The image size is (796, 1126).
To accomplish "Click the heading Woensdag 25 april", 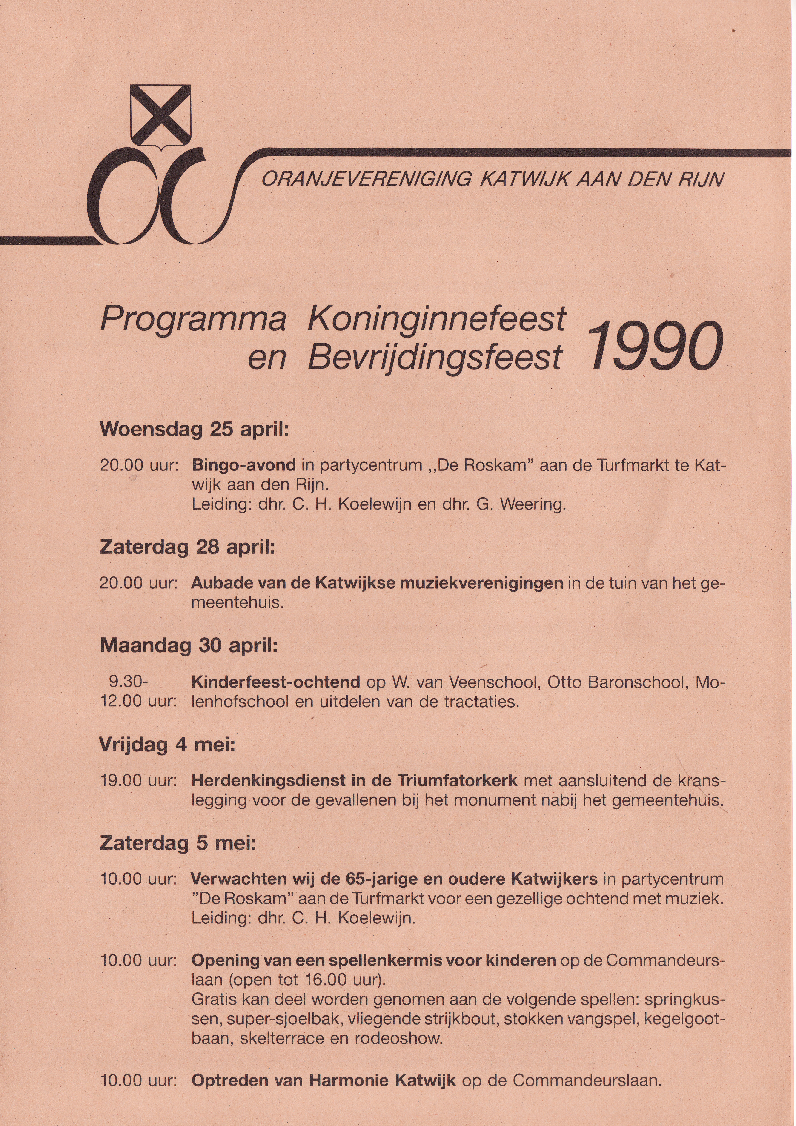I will coord(194,429).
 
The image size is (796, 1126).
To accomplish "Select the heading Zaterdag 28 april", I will coord(187,547).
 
